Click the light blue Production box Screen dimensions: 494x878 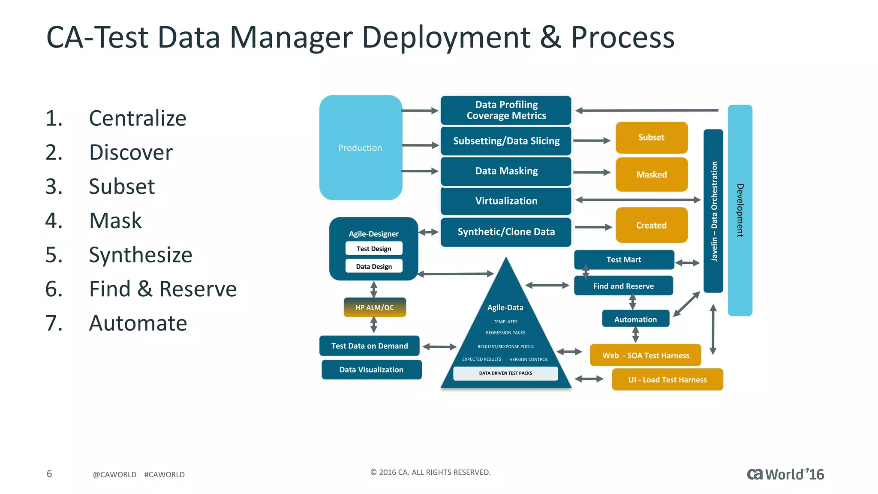click(x=361, y=148)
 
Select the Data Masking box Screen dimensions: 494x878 click(x=506, y=171)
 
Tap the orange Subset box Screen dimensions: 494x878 click(x=651, y=138)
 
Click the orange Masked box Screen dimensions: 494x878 click(x=651, y=175)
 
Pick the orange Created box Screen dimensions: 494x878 click(x=651, y=225)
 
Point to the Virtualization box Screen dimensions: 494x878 click(x=506, y=201)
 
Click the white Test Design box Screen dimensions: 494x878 click(x=374, y=249)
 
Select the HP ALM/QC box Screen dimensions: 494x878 click(x=375, y=307)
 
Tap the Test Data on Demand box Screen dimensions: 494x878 click(x=369, y=346)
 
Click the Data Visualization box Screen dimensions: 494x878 click(x=371, y=370)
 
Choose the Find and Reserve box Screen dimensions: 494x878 click(x=623, y=286)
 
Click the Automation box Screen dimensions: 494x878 click(x=635, y=319)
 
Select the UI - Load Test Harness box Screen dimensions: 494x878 click(x=667, y=380)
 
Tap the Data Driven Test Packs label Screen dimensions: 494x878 click(x=505, y=373)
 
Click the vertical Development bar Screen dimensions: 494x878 click(x=740, y=210)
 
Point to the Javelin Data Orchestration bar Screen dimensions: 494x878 click(x=713, y=211)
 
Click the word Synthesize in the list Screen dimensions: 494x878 click(x=140, y=255)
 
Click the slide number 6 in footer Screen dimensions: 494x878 click(x=49, y=473)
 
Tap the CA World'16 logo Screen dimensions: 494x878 click(x=785, y=474)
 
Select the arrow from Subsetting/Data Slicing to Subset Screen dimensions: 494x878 click(x=592, y=141)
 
